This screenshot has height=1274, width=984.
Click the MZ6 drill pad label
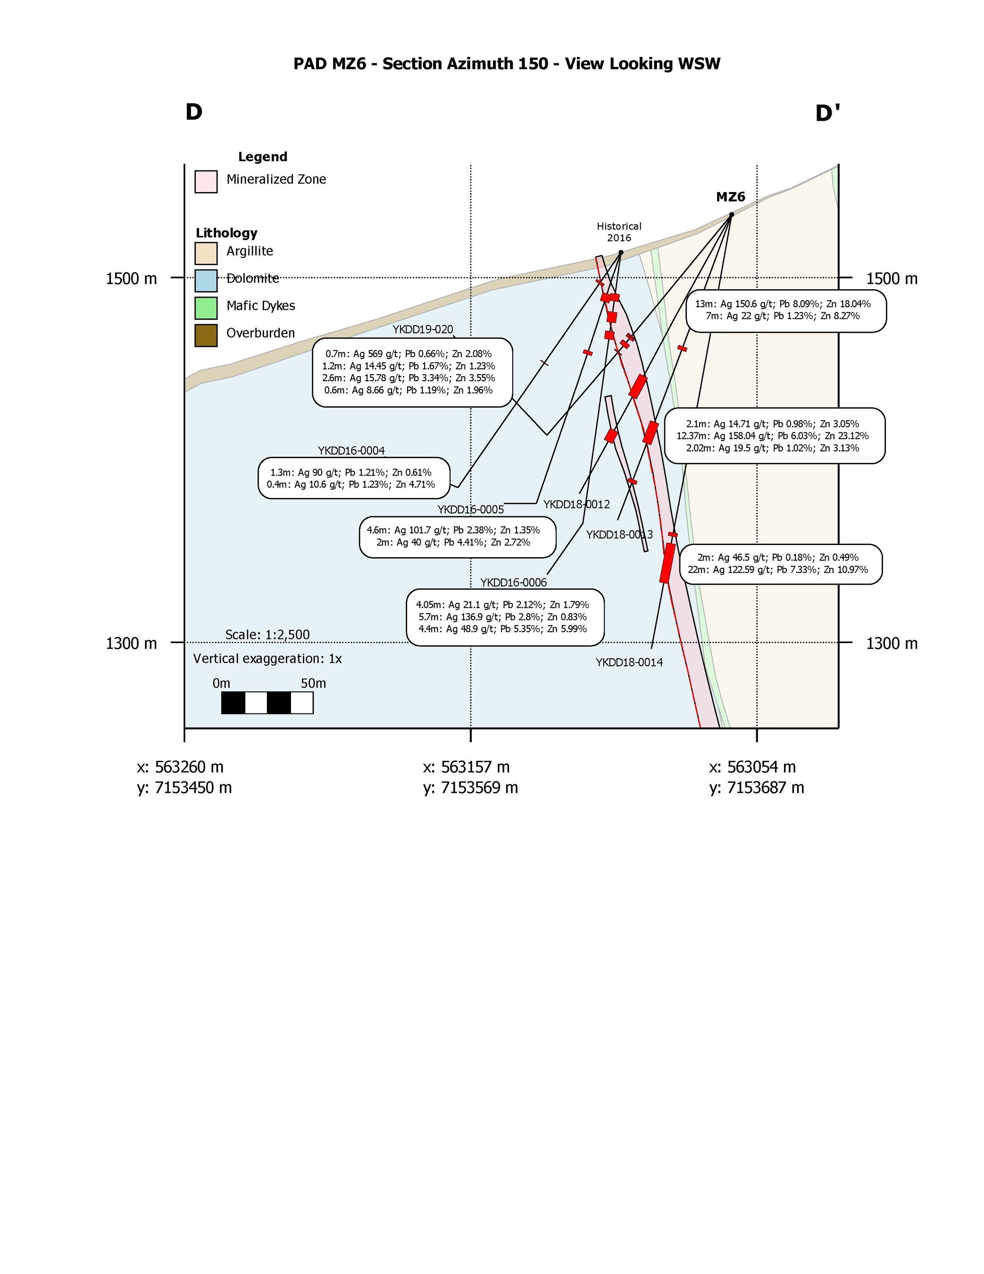click(730, 197)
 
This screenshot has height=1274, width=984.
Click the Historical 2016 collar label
click(619, 232)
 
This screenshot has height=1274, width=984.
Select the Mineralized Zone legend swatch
click(206, 181)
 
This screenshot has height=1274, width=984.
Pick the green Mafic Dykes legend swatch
click(206, 308)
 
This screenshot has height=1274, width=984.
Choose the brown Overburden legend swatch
click(206, 335)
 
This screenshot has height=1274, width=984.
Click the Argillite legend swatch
click(206, 253)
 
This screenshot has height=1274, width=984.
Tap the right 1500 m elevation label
click(891, 279)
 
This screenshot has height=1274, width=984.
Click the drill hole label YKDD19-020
click(422, 329)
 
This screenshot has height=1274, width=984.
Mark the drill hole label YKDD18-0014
click(629, 662)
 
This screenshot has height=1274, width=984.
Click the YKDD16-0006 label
click(513, 583)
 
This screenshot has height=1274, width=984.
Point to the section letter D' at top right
click(827, 113)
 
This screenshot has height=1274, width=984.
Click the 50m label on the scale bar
click(313, 683)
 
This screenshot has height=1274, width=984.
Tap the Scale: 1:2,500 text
click(267, 635)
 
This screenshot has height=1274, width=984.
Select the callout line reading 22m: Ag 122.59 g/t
click(777, 570)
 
